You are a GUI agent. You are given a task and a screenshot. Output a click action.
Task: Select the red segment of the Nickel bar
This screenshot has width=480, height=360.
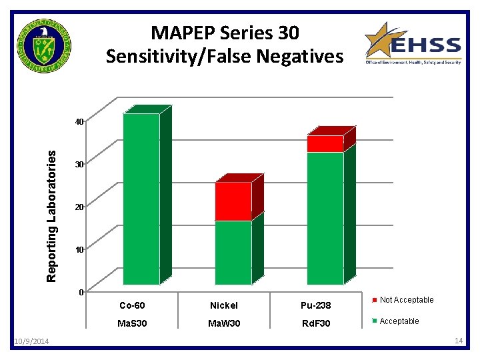click(x=233, y=201)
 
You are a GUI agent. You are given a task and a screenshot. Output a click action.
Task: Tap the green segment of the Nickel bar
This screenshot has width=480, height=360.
click(x=233, y=252)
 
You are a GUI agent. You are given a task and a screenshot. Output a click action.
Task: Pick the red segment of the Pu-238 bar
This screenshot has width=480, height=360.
click(x=325, y=143)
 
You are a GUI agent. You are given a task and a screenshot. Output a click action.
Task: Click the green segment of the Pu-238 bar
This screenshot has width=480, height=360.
click(x=325, y=218)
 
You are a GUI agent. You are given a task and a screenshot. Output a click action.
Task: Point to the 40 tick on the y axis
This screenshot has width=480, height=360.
click(x=79, y=122)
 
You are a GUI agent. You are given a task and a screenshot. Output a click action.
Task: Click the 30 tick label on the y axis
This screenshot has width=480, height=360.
click(x=79, y=165)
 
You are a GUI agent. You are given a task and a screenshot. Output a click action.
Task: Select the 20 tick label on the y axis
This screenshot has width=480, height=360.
click(x=79, y=207)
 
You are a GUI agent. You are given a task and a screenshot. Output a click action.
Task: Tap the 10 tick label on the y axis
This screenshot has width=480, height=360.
click(x=79, y=250)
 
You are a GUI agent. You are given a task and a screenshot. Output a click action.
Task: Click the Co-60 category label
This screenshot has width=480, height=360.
click(x=133, y=305)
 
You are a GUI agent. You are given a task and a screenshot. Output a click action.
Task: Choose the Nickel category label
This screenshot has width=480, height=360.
click(x=223, y=305)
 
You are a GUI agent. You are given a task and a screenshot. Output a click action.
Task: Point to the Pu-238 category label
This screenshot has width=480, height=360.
click(x=315, y=305)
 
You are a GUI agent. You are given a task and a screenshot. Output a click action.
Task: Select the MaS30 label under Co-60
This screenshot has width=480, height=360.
click(x=133, y=323)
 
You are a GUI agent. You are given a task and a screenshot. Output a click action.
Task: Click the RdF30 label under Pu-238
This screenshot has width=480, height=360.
click(x=315, y=323)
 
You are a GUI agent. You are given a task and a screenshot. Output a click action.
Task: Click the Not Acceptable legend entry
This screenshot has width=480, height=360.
click(x=406, y=300)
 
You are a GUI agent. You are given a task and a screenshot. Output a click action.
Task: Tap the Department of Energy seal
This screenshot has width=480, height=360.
click(x=45, y=47)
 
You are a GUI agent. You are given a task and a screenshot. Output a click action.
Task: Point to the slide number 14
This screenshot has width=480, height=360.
click(x=458, y=341)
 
